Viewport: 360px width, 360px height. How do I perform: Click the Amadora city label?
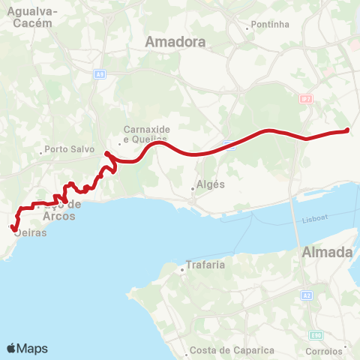pyautogui.click(x=177, y=42)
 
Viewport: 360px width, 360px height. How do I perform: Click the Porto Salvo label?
pyautogui.click(x=67, y=148)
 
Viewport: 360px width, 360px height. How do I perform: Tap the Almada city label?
pyautogui.click(x=327, y=253)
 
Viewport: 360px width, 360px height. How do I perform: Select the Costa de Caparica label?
pyautogui.click(x=223, y=350)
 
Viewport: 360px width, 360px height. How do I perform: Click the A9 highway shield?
pyautogui.click(x=99, y=74)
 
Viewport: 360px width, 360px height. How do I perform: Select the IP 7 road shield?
pyautogui.click(x=305, y=99)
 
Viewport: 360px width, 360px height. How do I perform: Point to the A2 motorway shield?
pyautogui.click(x=308, y=296)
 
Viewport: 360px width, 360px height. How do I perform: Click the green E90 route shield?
pyautogui.click(x=317, y=334)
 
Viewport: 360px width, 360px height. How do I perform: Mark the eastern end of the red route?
pyautogui.click(x=347, y=130)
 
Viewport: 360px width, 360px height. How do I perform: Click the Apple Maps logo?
pyautogui.click(x=27, y=349)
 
